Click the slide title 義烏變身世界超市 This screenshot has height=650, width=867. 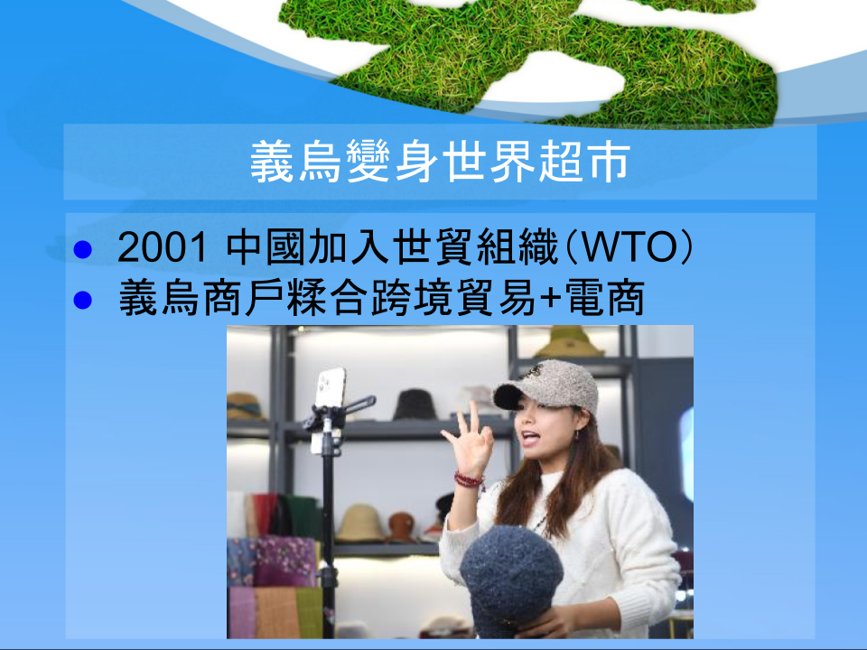coord(440,162)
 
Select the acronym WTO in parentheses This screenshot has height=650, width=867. coord(629,247)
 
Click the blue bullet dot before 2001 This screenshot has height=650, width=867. coord(82,249)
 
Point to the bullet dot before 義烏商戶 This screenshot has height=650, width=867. coord(82,300)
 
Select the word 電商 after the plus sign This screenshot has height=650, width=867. coord(604,298)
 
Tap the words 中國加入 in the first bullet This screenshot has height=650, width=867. coord(308,247)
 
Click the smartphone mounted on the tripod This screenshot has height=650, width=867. coord(330,387)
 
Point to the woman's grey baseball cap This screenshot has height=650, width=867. coord(545,385)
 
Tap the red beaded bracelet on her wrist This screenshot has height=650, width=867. coord(469,478)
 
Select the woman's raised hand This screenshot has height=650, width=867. coord(468,440)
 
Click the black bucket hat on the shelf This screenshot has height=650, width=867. coord(415,405)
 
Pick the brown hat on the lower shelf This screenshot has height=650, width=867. coord(401,527)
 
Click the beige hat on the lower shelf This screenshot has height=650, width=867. coord(360,523)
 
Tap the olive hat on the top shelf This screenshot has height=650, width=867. coord(570,341)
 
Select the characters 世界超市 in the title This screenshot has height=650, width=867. coord(536,162)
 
